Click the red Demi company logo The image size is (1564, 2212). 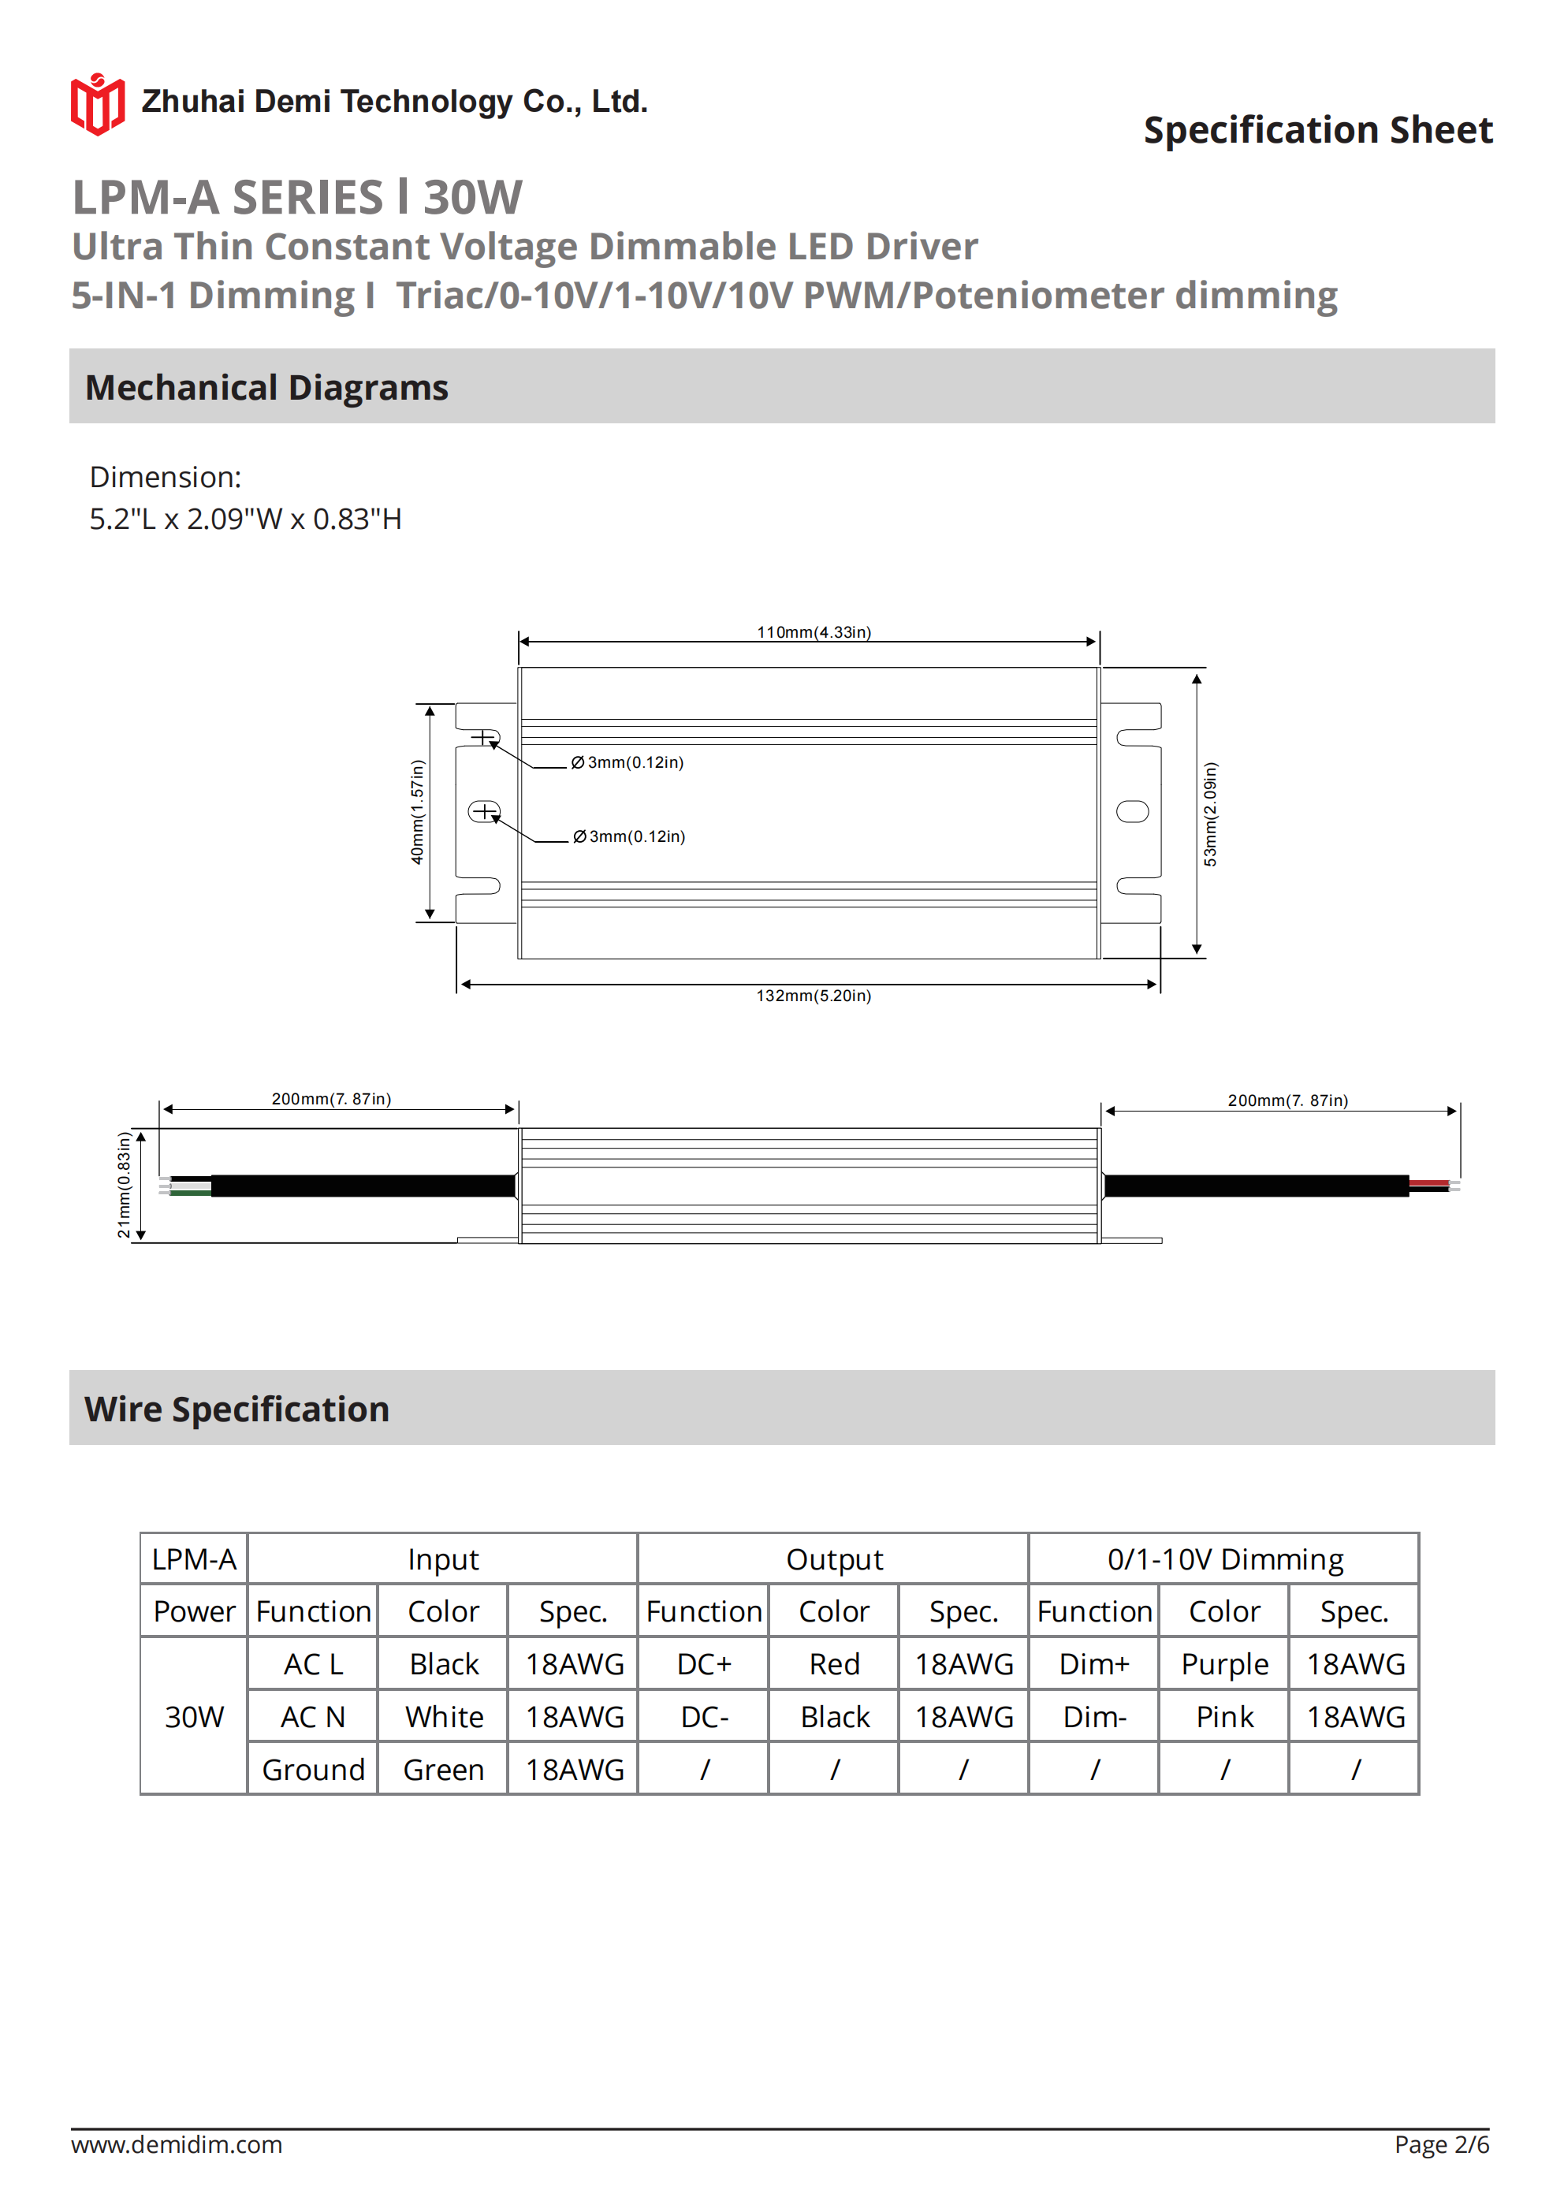click(x=97, y=104)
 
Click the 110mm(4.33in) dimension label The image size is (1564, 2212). click(x=814, y=632)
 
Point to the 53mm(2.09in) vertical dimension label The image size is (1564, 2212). click(x=1210, y=814)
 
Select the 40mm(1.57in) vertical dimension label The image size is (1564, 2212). click(x=417, y=811)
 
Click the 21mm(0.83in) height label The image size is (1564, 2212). click(x=123, y=1184)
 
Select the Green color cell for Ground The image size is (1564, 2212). click(x=443, y=1770)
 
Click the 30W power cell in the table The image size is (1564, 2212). click(x=194, y=1717)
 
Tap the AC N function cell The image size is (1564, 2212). click(x=312, y=1717)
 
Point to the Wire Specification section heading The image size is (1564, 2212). click(x=237, y=1409)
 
